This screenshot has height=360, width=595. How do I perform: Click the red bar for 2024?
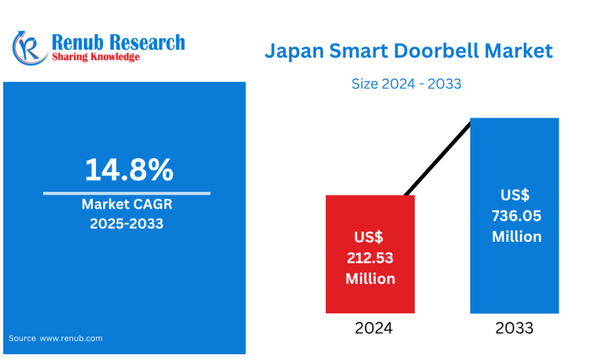click(370, 254)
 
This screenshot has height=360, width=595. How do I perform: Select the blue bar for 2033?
click(514, 215)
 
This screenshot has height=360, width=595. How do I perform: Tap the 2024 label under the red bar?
click(374, 328)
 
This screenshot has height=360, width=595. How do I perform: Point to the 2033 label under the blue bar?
click(514, 328)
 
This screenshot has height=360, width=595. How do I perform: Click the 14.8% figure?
click(129, 169)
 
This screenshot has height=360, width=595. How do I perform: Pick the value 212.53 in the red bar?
click(370, 258)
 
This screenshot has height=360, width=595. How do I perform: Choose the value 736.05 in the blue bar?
click(516, 216)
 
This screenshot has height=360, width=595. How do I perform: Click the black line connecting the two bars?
click(438, 159)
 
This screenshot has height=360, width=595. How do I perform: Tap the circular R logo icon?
click(29, 48)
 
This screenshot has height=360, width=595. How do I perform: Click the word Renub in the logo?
click(77, 42)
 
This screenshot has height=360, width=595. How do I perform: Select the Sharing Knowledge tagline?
click(95, 57)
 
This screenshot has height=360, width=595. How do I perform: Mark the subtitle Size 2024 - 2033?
click(406, 84)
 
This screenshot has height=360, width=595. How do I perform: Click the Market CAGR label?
click(127, 205)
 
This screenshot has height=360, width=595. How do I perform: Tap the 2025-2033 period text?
click(127, 223)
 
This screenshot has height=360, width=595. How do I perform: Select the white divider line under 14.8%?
click(127, 193)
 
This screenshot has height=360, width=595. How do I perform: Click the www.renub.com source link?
click(71, 338)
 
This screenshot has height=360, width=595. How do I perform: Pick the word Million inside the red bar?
click(370, 279)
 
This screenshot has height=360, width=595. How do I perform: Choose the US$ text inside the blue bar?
click(515, 195)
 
